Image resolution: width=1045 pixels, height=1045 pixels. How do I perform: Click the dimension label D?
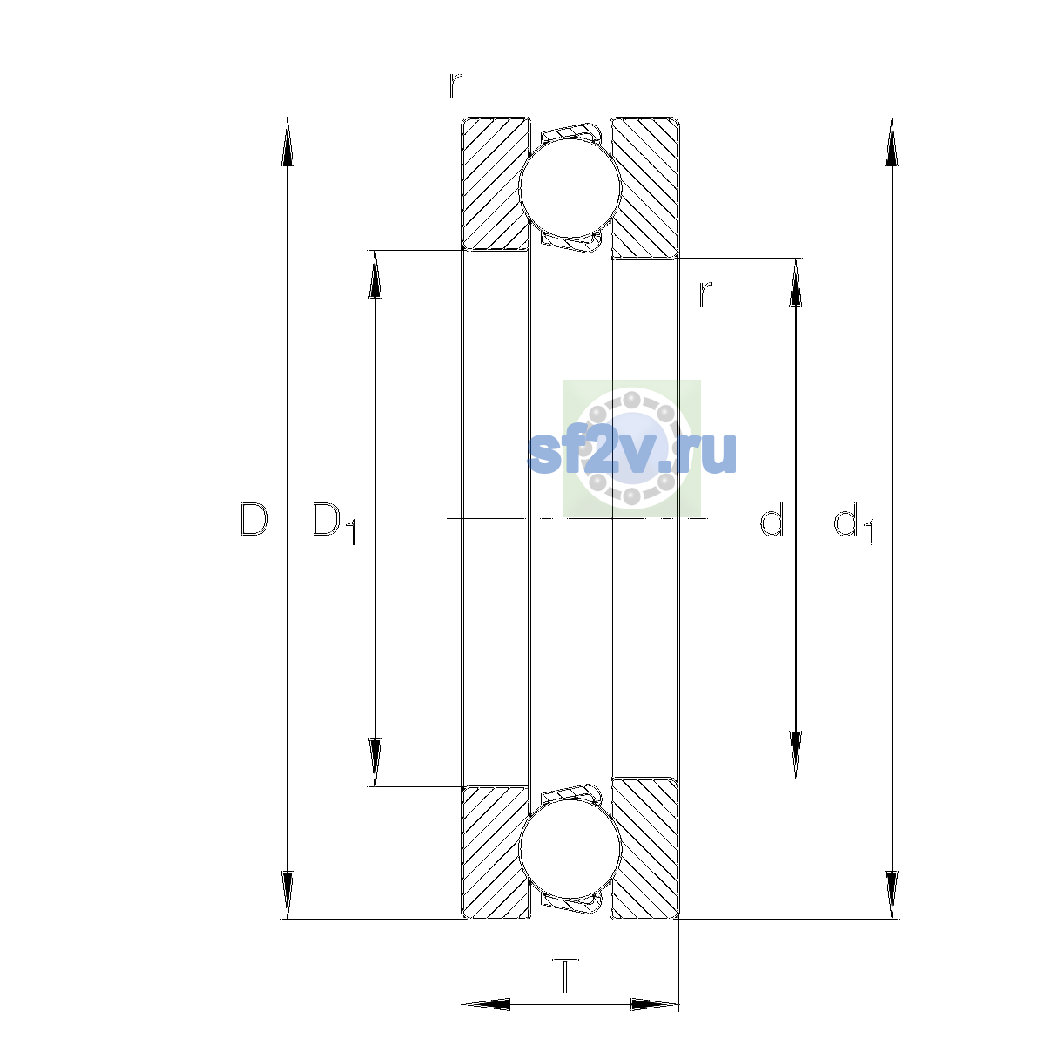tap(254, 520)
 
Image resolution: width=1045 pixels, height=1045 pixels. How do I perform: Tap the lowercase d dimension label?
tap(772, 519)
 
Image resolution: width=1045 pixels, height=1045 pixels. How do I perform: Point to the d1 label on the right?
tap(853, 522)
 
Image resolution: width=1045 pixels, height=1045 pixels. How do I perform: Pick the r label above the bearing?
tap(455, 85)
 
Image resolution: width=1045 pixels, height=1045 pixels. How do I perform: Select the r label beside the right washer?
tap(705, 294)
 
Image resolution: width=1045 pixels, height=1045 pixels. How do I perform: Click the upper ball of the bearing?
tap(570, 187)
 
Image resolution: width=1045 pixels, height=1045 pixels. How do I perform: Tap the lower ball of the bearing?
tap(570, 850)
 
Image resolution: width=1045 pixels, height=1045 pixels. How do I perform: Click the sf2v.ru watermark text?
tap(631, 454)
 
